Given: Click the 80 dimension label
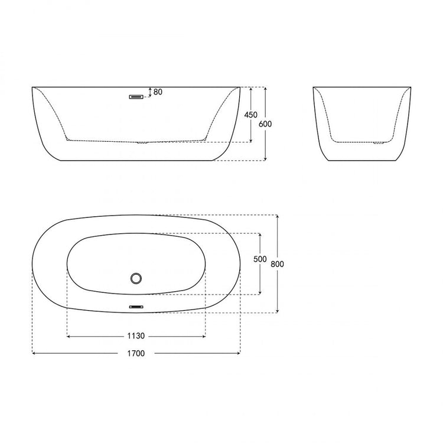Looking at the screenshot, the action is pyautogui.click(x=158, y=92).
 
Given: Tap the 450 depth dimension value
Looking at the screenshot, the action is pyautogui.click(x=251, y=115).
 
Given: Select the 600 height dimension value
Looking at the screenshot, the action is pyautogui.click(x=265, y=124).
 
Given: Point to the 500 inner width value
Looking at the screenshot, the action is pyautogui.click(x=260, y=259).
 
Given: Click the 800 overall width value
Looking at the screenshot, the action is pyautogui.click(x=277, y=264).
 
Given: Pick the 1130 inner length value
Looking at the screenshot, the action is pyautogui.click(x=136, y=336).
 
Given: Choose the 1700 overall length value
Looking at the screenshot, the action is pyautogui.click(x=136, y=353).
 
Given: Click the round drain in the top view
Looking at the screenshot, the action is pyautogui.click(x=136, y=278).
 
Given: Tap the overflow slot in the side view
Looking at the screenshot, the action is pyautogui.click(x=136, y=97).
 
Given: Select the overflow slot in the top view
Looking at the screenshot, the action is pyautogui.click(x=136, y=307).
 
